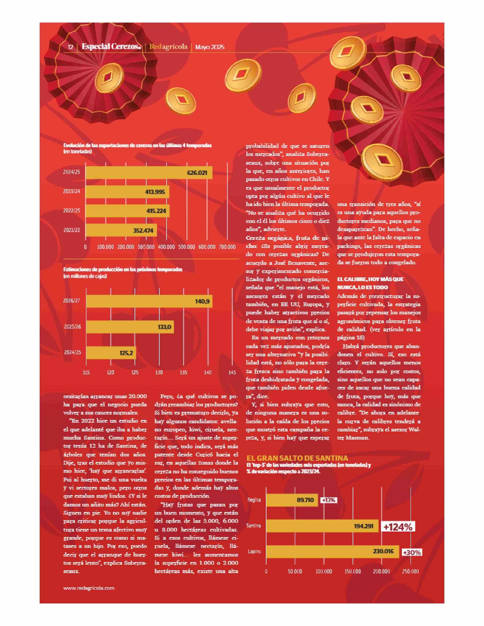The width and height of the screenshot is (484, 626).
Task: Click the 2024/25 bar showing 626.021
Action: point(149,173)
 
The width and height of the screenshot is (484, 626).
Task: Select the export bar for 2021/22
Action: point(121,230)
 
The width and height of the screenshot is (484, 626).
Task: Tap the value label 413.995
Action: point(155,192)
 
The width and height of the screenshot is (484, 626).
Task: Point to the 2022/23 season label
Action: point(72,210)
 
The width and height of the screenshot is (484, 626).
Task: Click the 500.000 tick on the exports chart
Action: point(186,247)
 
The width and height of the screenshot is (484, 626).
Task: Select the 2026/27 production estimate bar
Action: point(149,301)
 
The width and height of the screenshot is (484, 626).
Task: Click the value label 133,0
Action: point(165,327)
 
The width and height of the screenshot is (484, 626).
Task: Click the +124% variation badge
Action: point(398,527)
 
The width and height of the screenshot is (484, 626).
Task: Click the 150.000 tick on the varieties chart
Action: point(353,571)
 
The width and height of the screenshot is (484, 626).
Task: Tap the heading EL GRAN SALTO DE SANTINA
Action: point(297,458)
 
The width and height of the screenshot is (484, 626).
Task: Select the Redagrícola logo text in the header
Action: point(168,47)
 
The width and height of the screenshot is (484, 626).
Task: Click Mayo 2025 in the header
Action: point(210,47)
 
